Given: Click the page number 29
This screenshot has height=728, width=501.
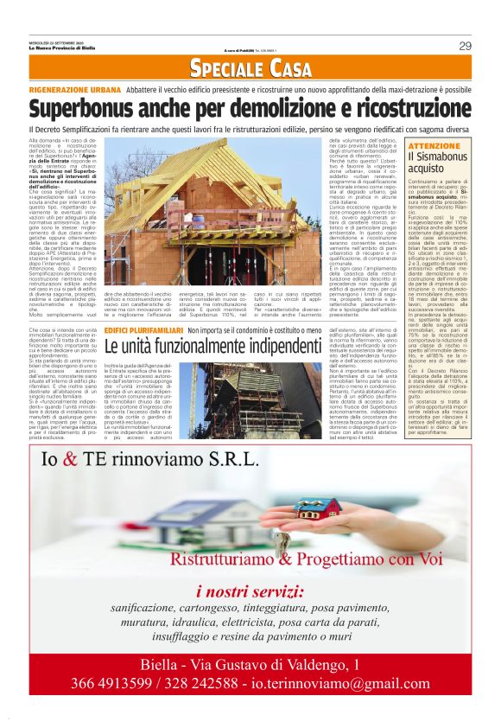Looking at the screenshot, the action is pos(464,46).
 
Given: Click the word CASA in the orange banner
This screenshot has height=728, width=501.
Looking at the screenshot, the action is pos(289,68).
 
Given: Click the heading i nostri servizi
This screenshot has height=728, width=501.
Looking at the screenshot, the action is pos(250,594).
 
